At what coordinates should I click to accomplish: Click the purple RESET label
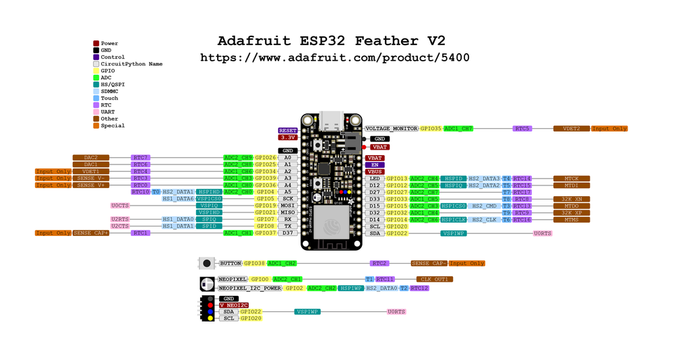(288, 130)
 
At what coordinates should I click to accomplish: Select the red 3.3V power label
(288, 137)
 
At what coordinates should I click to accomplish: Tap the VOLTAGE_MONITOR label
(391, 128)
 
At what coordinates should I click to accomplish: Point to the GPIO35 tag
(431, 128)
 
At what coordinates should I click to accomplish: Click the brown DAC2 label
(86, 157)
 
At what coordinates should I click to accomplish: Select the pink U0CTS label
(120, 206)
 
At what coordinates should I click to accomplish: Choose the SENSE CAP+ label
(91, 233)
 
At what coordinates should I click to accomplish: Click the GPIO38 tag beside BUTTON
(254, 263)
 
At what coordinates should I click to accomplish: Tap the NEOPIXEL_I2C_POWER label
(249, 288)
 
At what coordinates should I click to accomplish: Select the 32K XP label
(571, 212)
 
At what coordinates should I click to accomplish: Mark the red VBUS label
(375, 171)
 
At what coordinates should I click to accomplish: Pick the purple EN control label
(375, 164)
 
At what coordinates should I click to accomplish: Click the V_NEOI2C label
(233, 305)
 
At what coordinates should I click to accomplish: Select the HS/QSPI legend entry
(112, 84)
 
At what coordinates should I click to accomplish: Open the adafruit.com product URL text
(335, 58)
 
